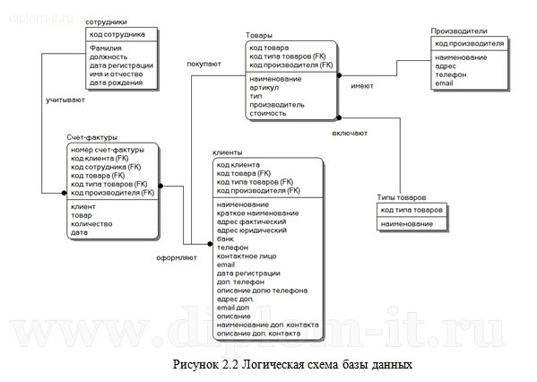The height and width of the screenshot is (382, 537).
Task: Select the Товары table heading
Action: (x=259, y=35)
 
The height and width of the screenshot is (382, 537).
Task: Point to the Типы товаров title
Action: (x=401, y=197)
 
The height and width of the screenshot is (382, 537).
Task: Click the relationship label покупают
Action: (x=204, y=64)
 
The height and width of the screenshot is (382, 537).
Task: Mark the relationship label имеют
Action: (x=361, y=87)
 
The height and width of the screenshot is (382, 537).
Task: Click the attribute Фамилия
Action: (x=107, y=48)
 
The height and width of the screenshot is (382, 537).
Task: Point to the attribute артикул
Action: (x=264, y=87)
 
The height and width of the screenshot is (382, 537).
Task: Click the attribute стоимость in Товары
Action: (x=268, y=113)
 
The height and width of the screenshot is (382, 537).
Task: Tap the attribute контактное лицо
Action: (x=247, y=256)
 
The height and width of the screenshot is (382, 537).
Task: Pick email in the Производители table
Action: (x=445, y=83)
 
